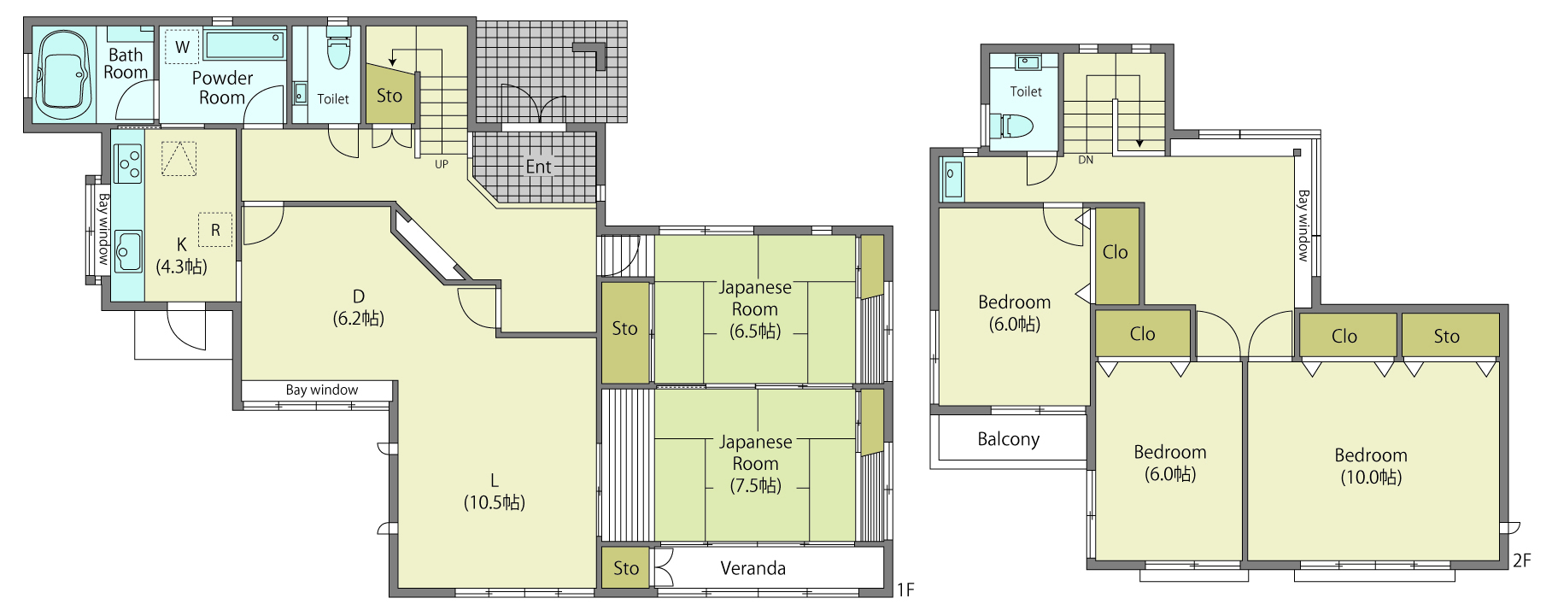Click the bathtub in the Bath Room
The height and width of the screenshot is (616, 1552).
pos(63,74)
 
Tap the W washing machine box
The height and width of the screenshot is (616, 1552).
pos(182,47)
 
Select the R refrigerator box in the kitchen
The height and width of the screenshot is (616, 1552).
pos(215,230)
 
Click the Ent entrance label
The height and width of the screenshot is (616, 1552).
pos(538,167)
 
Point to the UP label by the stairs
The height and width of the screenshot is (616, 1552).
pos(442,164)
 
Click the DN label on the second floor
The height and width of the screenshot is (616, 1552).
pos(1086,160)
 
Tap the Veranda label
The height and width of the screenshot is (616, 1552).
pos(753,568)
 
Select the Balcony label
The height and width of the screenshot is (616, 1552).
pos(1008,439)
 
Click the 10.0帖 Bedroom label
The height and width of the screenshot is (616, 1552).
pos(1371,466)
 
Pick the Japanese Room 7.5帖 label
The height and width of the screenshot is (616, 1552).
pos(755,464)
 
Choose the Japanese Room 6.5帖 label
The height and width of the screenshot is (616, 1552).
pos(755,309)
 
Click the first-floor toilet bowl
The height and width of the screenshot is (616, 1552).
pos(339,50)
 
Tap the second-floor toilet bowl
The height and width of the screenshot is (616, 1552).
pos(1014,126)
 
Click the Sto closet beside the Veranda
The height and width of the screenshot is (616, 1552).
pos(625,568)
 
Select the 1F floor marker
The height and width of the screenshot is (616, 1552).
pos(905,590)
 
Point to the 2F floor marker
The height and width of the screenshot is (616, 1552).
pos(1521,560)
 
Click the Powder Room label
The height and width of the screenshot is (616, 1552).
pos(222,88)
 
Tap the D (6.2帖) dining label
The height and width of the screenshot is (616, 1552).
pos(359,308)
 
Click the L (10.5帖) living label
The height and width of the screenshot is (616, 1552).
pos(495,491)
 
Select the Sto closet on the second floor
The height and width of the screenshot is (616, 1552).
pos(1450,335)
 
